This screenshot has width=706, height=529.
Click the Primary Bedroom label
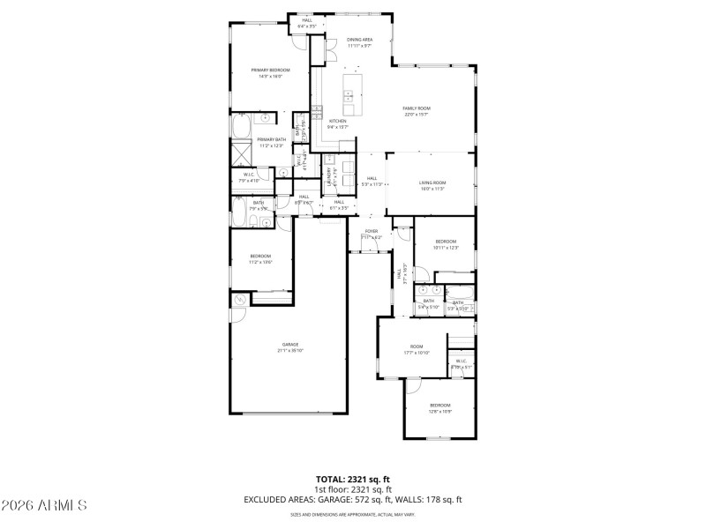tap(270, 70)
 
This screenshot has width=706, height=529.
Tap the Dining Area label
tap(359, 40)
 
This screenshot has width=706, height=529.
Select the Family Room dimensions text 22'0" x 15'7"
tap(417, 115)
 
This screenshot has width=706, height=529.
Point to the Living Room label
tap(432, 183)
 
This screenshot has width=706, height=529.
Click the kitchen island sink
tap(350, 94)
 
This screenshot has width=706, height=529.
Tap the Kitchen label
tap(337, 121)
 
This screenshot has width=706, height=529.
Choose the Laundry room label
tap(329, 175)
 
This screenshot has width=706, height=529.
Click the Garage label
tap(290, 344)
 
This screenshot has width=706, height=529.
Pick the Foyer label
tap(372, 231)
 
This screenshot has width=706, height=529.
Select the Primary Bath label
tap(271, 139)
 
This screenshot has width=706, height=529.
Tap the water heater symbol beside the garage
tap(239, 301)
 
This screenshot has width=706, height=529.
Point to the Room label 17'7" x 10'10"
tap(417, 346)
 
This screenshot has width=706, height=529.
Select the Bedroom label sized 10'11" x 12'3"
tap(446, 242)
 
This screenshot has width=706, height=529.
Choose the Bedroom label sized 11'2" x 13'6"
tap(259, 256)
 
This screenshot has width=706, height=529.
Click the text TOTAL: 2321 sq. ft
tap(353, 479)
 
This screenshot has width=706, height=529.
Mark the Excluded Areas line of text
tap(353, 499)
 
